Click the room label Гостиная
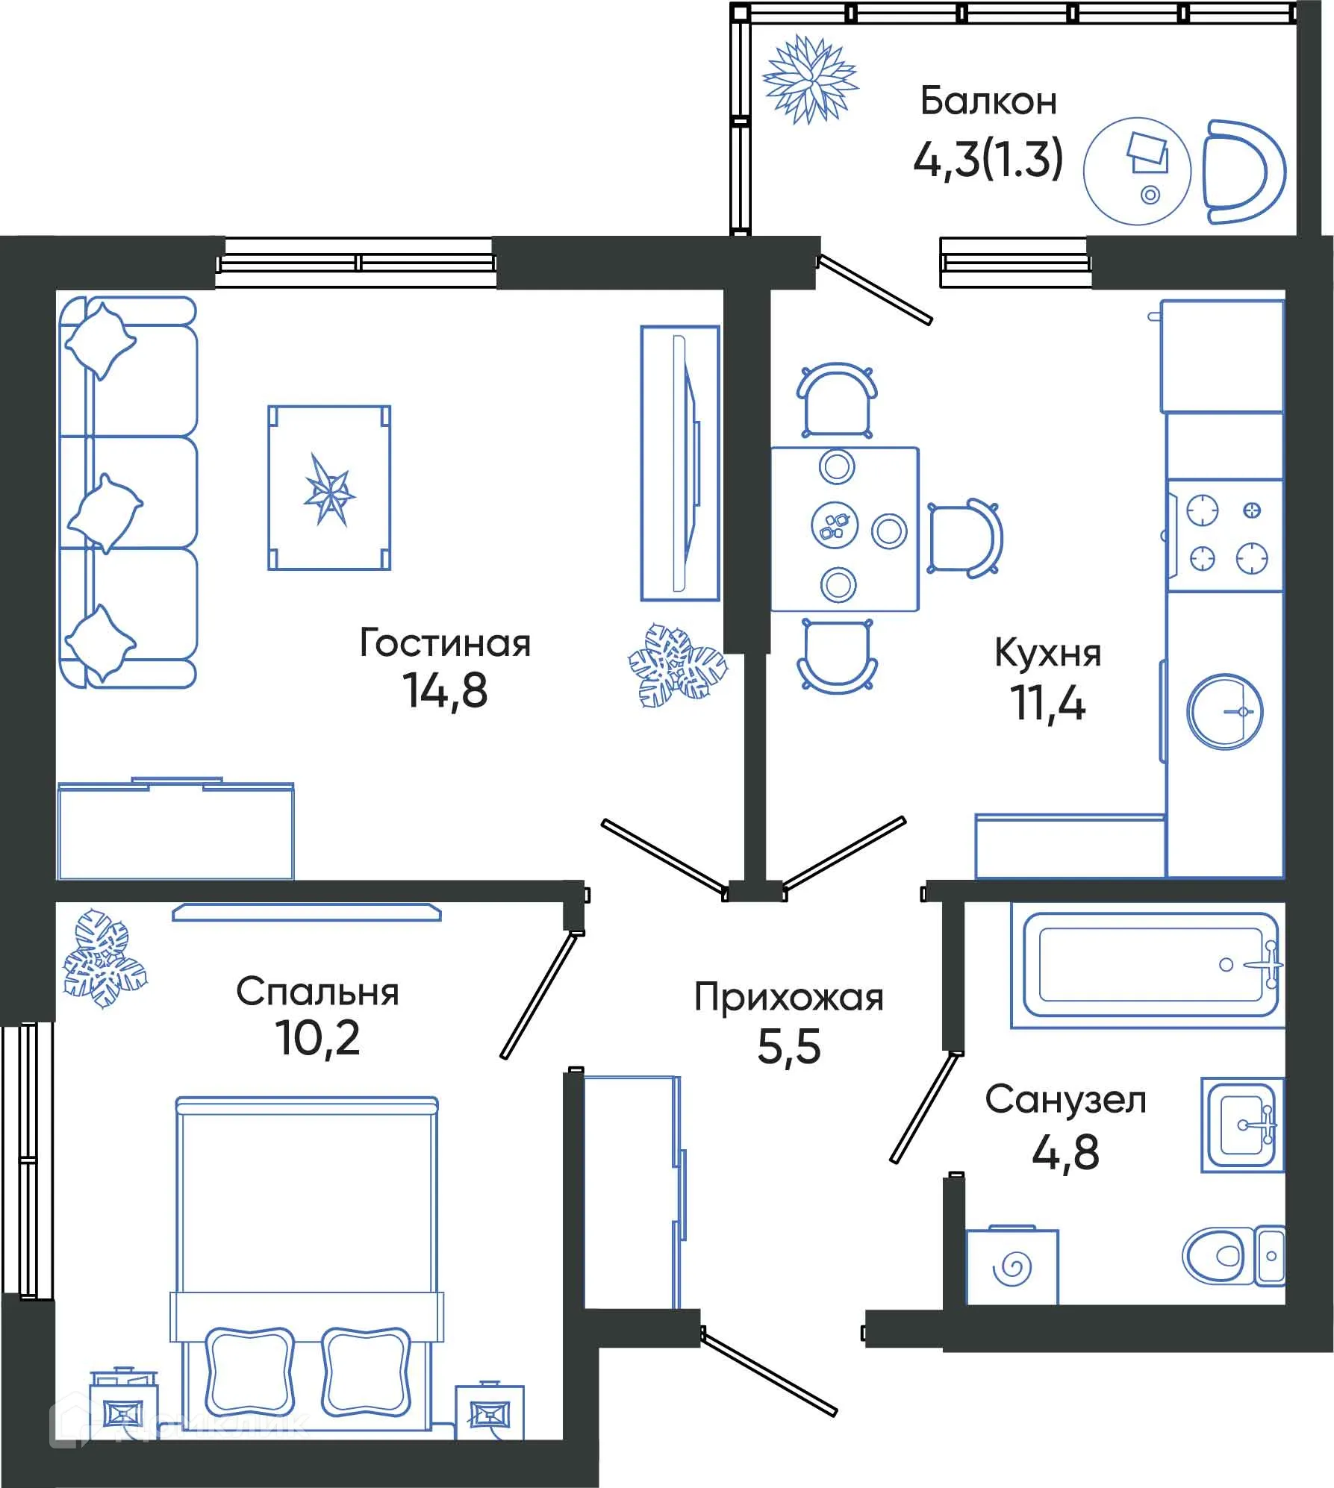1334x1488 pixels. [445, 643]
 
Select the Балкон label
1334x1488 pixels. [988, 101]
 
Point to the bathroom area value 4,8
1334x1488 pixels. [1065, 1153]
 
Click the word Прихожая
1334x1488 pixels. [788, 998]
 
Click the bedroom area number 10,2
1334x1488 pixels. [318, 1038]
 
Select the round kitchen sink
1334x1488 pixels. [1224, 711]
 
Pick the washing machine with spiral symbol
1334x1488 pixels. [1012, 1266]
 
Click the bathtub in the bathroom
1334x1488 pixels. [1147, 965]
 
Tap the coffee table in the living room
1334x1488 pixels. [329, 488]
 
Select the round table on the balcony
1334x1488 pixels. [1136, 171]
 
